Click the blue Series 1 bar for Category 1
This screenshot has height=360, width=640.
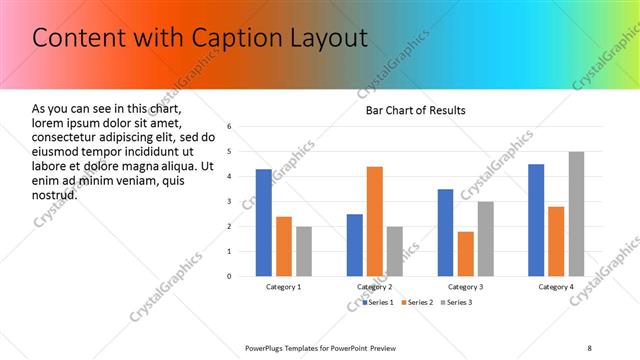tap(263, 222)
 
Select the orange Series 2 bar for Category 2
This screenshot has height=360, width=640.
tap(375, 221)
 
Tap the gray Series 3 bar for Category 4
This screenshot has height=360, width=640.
tap(577, 214)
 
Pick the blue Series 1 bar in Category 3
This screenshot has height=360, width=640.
tap(445, 232)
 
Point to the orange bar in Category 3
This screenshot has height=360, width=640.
tap(466, 253)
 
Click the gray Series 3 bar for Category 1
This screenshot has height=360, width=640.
tap(304, 251)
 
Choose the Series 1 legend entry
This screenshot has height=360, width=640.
tap(378, 301)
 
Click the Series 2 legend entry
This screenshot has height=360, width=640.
tap(416, 301)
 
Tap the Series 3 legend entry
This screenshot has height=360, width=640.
tap(455, 301)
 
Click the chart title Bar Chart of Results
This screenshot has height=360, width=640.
tap(415, 110)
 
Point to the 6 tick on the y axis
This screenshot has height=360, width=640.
tap(229, 127)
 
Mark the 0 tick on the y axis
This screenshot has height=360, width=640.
tap(229, 276)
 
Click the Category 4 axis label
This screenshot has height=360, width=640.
tap(557, 287)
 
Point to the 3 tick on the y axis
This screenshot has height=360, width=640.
tap(229, 202)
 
